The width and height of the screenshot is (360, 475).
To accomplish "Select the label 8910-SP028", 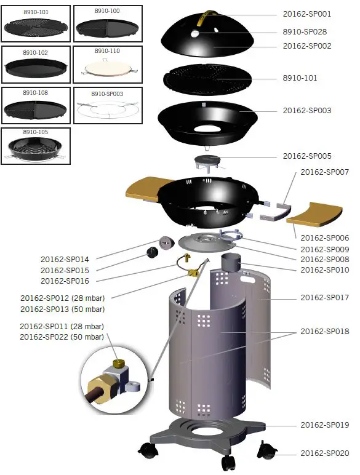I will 305,31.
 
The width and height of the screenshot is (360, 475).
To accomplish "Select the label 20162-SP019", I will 324,425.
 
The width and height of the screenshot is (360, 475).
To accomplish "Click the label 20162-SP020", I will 324,453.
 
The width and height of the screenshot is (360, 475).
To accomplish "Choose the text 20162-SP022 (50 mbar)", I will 62,337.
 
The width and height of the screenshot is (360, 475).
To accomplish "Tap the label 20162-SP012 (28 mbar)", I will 62,298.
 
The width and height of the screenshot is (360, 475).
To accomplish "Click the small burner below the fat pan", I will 207,164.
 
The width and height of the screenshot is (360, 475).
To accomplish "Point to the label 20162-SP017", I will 324,298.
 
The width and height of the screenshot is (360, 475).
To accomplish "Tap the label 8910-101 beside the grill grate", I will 300,78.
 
